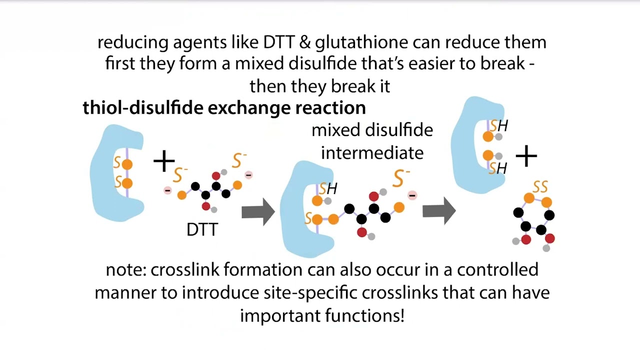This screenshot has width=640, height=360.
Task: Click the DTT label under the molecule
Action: pos(202,229)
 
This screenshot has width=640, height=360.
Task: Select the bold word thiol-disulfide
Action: pos(140,107)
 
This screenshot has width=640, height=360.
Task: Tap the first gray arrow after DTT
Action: pos(258,211)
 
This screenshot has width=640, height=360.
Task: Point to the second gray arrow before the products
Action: pos(438,211)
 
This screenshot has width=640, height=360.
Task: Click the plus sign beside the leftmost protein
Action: pos(164,161)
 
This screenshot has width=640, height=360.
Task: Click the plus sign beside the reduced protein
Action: pos(526,156)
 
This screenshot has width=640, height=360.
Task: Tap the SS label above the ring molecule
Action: pos(540,187)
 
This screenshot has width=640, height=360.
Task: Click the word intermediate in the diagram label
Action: pos(372,152)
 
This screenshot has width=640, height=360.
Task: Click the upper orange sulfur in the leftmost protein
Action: pos(127,164)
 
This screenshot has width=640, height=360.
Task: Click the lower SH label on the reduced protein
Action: pos(498,168)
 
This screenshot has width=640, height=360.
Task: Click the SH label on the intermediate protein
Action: pos(328,188)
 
